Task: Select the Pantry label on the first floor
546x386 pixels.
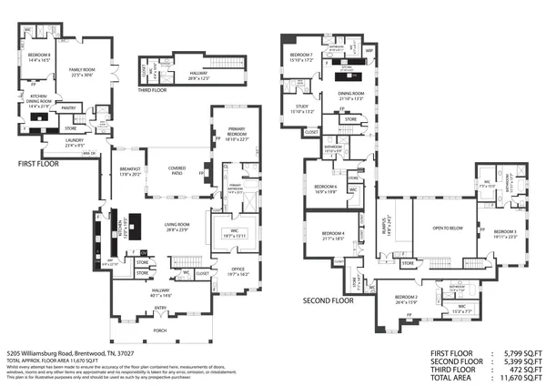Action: [67, 107]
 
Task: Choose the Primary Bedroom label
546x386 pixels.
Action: [235, 137]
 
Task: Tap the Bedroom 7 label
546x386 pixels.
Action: [301, 57]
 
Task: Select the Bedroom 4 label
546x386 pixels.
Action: [332, 234]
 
